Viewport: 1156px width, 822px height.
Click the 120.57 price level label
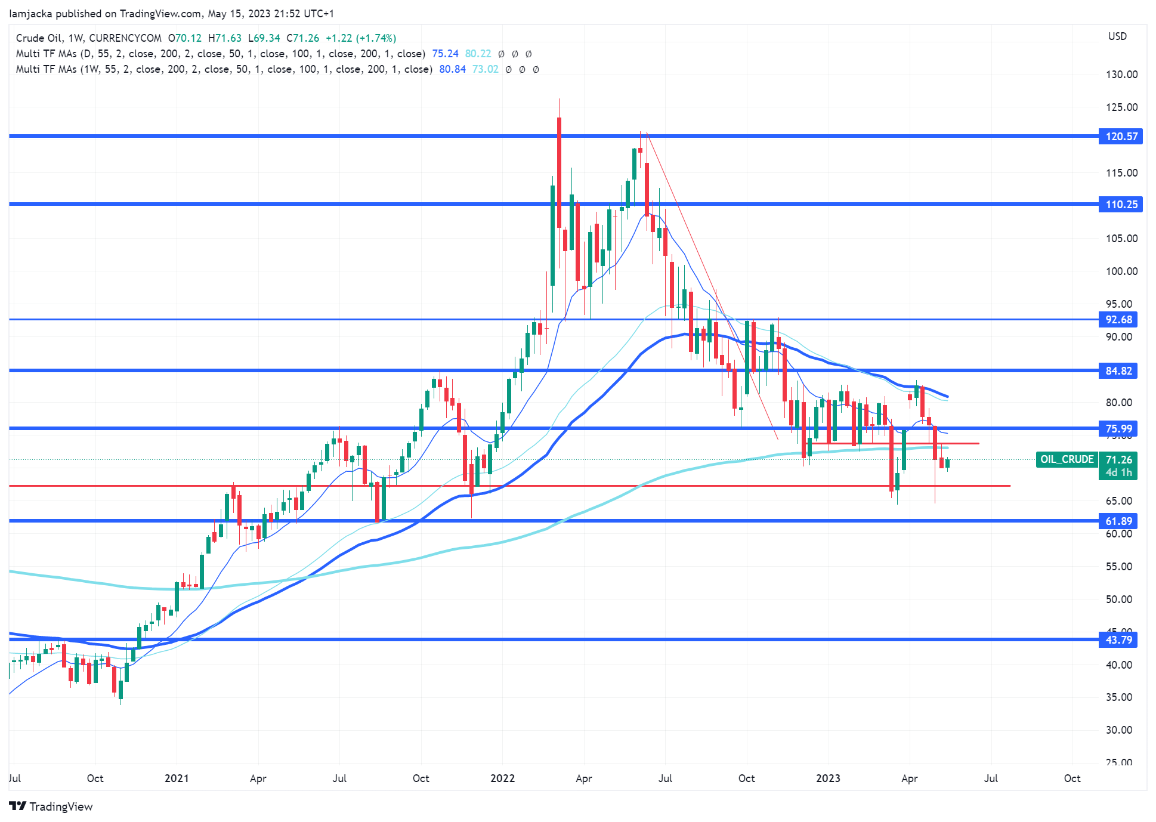(1121, 137)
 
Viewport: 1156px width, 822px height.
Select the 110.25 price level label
(1121, 205)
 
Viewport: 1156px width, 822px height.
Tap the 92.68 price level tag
(1118, 320)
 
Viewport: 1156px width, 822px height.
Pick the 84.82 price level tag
(1118, 371)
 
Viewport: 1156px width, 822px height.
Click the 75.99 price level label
(1118, 429)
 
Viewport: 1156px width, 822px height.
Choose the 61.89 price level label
(1118, 521)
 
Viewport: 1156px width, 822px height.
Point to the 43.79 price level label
(1118, 640)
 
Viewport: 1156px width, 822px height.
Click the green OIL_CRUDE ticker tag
(1067, 459)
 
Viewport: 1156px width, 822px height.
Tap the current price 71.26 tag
(1118, 459)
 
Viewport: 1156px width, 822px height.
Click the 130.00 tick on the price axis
(1121, 75)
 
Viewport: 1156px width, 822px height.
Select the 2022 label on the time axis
(502, 778)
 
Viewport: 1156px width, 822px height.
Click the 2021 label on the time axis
(177, 778)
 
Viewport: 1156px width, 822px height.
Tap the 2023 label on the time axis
(828, 778)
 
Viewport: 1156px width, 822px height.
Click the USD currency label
(1117, 36)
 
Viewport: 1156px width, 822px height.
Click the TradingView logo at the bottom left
(51, 806)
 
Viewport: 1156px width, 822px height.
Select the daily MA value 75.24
(445, 54)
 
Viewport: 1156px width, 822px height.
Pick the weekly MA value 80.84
(452, 69)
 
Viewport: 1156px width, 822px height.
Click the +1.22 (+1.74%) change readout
(361, 38)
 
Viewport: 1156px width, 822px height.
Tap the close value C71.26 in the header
(302, 38)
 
